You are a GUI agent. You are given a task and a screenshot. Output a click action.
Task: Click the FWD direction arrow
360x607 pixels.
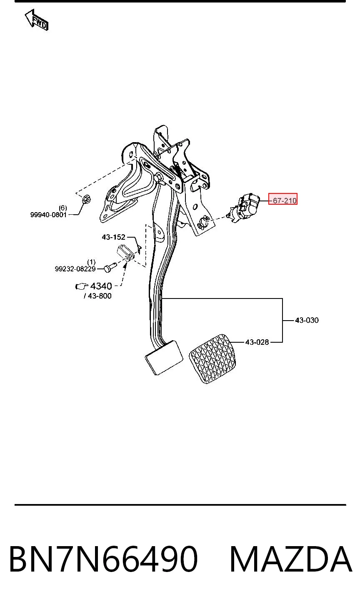point(36,20)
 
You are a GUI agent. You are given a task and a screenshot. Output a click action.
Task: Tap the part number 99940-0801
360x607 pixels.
point(48,215)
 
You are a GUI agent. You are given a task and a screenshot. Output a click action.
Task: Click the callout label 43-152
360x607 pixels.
point(113,237)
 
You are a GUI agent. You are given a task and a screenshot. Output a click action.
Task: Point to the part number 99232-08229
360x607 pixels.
point(75,269)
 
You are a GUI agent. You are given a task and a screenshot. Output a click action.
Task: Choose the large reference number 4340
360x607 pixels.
point(101,286)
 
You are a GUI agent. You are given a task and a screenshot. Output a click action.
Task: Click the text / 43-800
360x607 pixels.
point(98,296)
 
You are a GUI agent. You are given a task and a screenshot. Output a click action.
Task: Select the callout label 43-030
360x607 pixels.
point(307,320)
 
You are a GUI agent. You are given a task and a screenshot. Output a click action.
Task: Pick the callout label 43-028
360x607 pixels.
point(257,342)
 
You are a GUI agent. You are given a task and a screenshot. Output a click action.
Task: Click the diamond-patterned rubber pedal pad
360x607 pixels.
point(212,359)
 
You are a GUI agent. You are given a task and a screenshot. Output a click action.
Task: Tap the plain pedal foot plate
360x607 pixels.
point(164,357)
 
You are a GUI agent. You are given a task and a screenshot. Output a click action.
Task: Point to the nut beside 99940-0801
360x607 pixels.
point(86,199)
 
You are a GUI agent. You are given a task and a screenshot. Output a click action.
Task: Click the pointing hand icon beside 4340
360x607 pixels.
point(82,286)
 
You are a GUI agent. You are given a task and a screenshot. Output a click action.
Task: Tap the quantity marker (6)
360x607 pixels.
point(63,208)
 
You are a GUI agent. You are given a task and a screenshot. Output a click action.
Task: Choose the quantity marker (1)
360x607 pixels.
point(91,262)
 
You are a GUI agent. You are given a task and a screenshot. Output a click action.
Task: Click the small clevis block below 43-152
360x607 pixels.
point(125,253)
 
